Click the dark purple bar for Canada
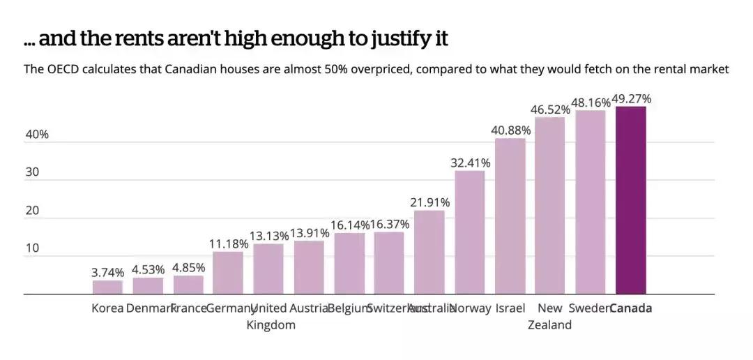point(631,200)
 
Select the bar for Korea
point(107,287)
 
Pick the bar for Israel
point(510,216)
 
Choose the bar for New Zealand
point(550,206)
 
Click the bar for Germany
point(228,273)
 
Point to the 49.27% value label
point(631,99)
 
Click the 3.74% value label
point(107,272)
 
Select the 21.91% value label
point(430,202)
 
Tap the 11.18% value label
point(228,243)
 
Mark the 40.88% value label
point(511,130)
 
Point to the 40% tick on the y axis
point(37,135)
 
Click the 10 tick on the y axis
point(32,248)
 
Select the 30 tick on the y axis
point(32,172)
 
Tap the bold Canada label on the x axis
point(631,308)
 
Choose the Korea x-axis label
point(107,308)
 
